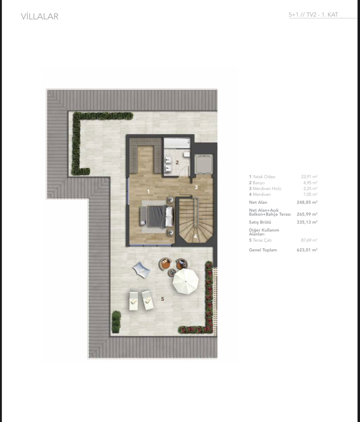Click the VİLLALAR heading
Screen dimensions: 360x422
click(40, 16)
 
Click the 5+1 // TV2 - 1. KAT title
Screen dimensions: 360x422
click(313, 15)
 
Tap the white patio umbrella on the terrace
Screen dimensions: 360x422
click(185, 281)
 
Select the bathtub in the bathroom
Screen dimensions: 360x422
click(177, 143)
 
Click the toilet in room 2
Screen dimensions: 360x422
click(187, 154)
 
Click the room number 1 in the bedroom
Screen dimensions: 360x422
click(148, 191)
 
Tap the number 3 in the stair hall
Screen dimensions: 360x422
click(196, 187)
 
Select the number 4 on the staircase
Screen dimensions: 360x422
click(195, 236)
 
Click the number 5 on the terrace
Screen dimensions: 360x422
click(162, 299)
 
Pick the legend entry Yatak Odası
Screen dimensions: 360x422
click(262, 176)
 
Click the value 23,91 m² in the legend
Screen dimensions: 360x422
click(309, 176)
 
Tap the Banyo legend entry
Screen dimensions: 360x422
click(257, 183)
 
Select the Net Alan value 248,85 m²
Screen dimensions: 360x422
click(307, 202)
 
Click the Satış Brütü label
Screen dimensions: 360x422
click(260, 222)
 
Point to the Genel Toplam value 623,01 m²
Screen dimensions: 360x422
click(307, 250)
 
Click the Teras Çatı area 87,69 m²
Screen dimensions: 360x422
click(309, 240)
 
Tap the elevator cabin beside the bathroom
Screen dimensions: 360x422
click(204, 164)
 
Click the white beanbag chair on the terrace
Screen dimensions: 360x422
click(141, 270)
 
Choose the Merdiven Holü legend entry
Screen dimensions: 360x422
click(265, 189)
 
